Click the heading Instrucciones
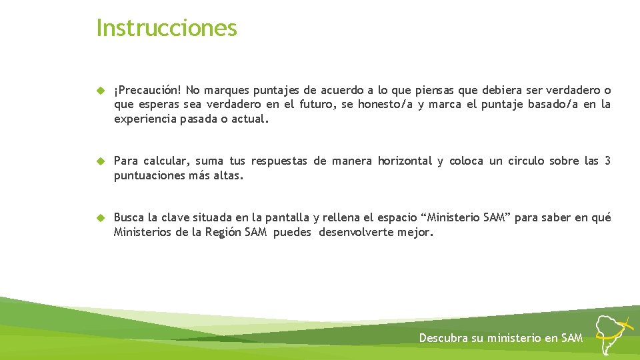(x=167, y=28)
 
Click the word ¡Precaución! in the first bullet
(x=148, y=90)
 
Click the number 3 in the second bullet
(x=607, y=161)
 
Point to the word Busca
(x=129, y=218)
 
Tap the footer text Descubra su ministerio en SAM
(x=501, y=338)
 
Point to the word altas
(x=229, y=176)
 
